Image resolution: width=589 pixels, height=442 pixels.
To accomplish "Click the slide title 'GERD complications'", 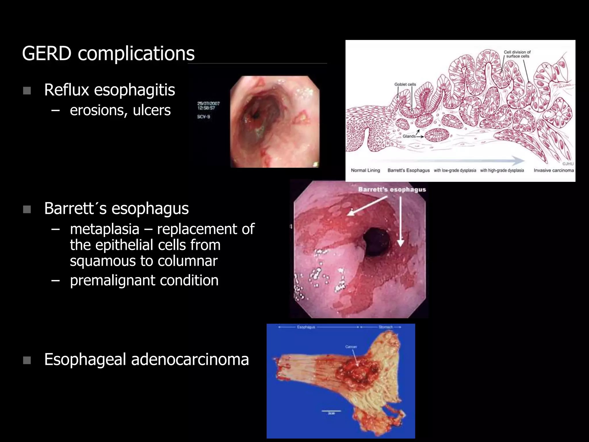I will pyautogui.click(x=108, y=54).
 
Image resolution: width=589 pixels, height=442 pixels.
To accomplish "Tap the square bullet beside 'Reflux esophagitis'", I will pyautogui.click(x=27, y=91).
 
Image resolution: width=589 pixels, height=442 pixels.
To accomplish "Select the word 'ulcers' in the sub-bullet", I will pyautogui.click(x=152, y=110).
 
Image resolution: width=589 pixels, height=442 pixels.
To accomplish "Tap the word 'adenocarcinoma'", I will pyautogui.click(x=190, y=359).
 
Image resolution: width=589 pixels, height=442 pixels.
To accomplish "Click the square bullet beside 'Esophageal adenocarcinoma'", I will pyautogui.click(x=27, y=360).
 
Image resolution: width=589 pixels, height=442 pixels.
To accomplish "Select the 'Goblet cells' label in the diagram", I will pyautogui.click(x=405, y=84).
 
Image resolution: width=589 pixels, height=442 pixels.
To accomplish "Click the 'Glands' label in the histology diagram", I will pyautogui.click(x=409, y=136).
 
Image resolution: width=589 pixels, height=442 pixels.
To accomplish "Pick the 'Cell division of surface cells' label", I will pyautogui.click(x=517, y=54).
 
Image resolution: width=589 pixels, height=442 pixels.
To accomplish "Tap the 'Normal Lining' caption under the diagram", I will pyautogui.click(x=365, y=170).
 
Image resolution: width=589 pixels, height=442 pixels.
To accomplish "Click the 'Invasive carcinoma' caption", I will pyautogui.click(x=554, y=170).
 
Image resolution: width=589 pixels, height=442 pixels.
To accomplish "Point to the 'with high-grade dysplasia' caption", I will pyautogui.click(x=502, y=170).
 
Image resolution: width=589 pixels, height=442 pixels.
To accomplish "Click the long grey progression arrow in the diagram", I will pyautogui.click(x=449, y=160).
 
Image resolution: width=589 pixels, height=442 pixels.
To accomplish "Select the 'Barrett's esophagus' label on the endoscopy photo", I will pyautogui.click(x=392, y=190).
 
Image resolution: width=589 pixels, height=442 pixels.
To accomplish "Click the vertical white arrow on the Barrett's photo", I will pyautogui.click(x=400, y=222).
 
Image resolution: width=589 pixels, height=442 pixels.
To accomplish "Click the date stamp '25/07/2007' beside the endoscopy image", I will pyautogui.click(x=209, y=103).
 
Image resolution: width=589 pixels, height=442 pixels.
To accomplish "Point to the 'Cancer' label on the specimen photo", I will pyautogui.click(x=351, y=347).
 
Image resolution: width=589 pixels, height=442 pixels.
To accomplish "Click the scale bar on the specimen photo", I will pyautogui.click(x=331, y=411).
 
